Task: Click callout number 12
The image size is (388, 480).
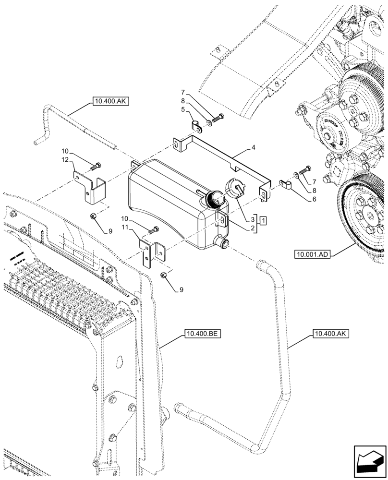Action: point(65,159)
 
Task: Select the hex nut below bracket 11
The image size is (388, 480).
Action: point(163,276)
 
